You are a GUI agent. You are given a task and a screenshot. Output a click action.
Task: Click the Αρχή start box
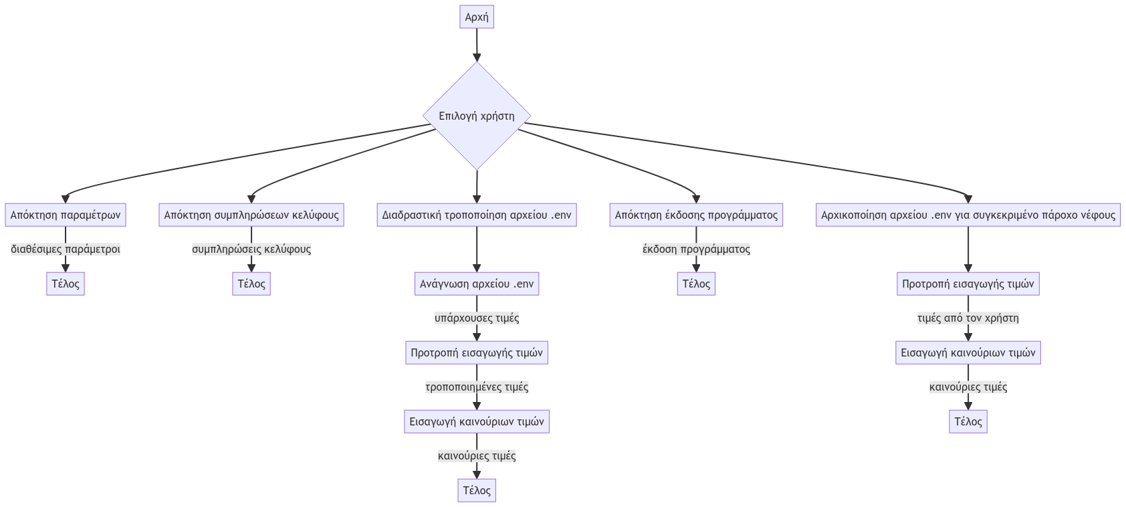477,17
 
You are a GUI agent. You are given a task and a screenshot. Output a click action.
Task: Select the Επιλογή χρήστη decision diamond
477,116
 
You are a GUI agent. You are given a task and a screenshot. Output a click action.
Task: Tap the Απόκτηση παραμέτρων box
66,215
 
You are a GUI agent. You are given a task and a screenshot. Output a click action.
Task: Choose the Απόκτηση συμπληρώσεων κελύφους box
251,215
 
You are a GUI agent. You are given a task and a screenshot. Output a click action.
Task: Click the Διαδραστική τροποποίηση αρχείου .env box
477,215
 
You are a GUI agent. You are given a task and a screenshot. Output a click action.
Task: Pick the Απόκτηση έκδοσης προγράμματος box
696,215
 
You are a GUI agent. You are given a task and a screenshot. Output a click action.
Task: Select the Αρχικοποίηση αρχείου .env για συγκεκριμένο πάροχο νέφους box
968,215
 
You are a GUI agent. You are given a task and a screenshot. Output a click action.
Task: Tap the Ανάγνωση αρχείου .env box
477,284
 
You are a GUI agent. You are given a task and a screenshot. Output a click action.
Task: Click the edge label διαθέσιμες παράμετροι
66,249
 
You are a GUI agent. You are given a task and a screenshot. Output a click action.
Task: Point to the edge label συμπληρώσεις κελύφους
251,249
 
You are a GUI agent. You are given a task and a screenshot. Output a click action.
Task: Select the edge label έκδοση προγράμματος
696,249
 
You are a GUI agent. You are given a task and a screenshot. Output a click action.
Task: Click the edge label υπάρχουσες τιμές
477,318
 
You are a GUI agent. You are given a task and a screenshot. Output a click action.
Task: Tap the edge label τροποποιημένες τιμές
477,387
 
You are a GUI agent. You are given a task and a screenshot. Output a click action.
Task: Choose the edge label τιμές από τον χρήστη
968,318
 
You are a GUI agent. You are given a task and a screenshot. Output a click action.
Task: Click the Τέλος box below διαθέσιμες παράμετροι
66,284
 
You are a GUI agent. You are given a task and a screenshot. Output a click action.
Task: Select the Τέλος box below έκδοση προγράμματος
696,284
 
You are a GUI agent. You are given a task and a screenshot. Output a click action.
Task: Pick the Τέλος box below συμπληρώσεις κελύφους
251,284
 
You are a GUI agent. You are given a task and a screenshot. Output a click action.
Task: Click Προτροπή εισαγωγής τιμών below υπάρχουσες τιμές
477,352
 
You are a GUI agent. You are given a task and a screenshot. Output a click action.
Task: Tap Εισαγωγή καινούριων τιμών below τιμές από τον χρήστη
968,352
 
